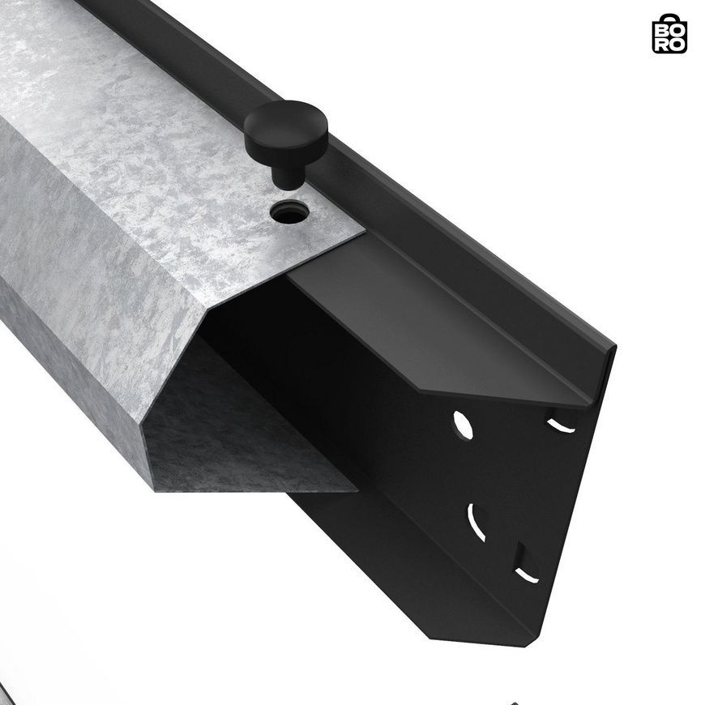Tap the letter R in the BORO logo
(662, 44)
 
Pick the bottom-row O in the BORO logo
(677, 44)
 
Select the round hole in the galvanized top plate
(290, 211)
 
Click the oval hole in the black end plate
(463, 425)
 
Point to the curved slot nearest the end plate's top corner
(560, 425)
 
